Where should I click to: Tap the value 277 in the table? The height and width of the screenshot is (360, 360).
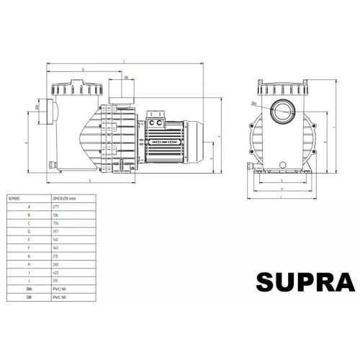(57, 206)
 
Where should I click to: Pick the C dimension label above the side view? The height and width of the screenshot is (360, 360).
(123, 61)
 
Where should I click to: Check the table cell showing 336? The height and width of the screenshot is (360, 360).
(57, 215)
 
